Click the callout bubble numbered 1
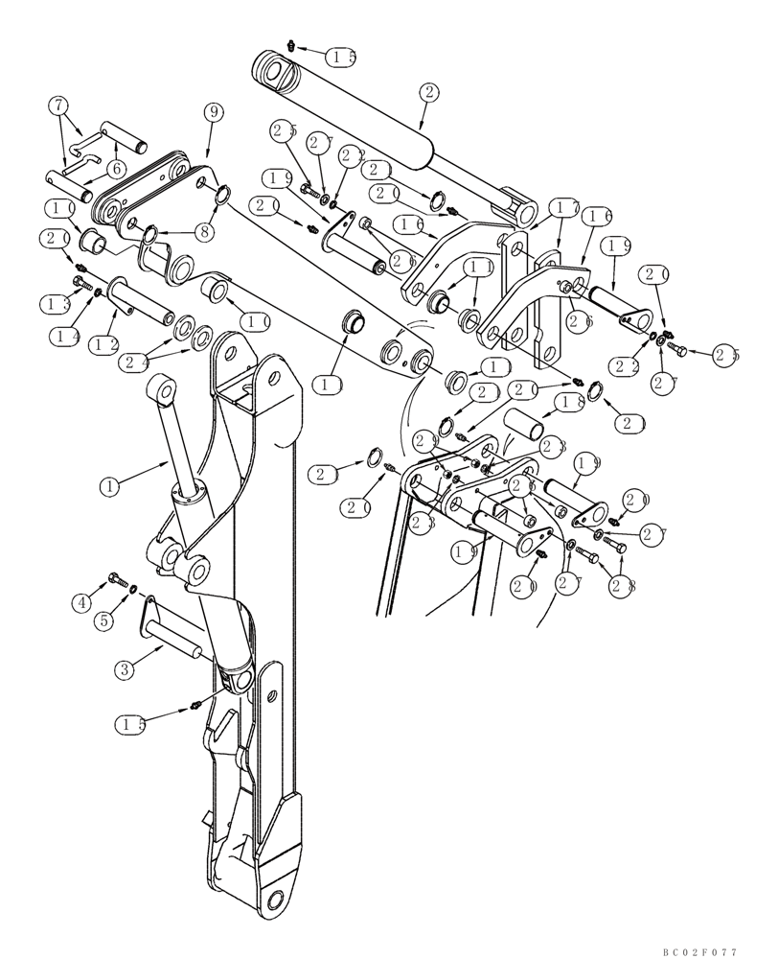coord(112,487)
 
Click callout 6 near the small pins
coord(116,167)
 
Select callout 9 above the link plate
coord(212,112)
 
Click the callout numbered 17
coord(563,208)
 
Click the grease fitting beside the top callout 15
coord(293,45)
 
